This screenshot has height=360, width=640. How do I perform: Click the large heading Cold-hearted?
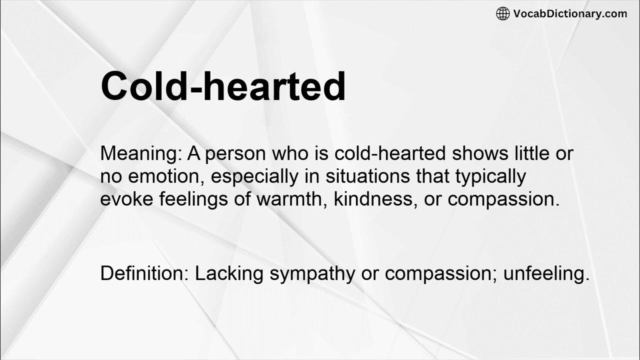223,86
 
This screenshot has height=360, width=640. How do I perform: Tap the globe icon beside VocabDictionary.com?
502,13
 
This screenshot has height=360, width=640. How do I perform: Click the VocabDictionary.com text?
570,13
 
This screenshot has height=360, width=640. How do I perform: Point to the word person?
235,154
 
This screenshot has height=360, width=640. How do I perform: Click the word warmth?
291,199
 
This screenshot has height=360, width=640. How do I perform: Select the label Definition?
144,273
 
